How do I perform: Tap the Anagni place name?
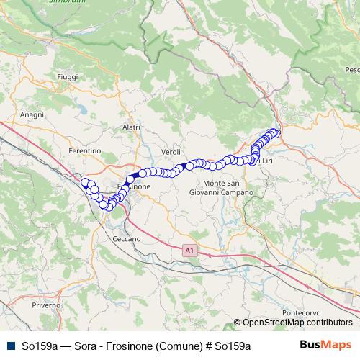(x=32, y=115)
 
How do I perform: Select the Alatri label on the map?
(x=131, y=127)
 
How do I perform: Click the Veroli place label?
(x=171, y=153)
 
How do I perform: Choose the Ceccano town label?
(x=127, y=238)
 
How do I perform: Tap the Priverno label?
(x=45, y=305)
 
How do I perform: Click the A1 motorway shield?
(x=189, y=250)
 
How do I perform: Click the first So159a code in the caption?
(x=40, y=346)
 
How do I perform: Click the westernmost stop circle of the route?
(x=85, y=182)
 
